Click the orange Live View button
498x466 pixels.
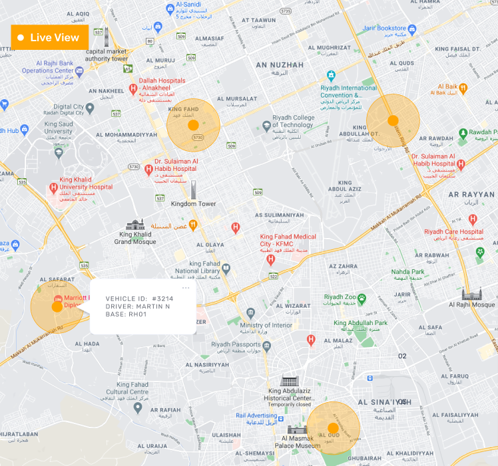tap(49, 37)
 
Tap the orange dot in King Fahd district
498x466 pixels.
tap(193, 124)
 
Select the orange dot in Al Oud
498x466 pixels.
tap(333, 427)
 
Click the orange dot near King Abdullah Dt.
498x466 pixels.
tap(393, 120)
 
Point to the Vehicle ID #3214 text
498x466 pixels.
tap(139, 298)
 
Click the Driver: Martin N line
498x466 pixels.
tap(138, 306)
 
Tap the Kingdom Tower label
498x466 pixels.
tap(193, 204)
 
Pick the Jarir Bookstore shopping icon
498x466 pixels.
tap(412, 29)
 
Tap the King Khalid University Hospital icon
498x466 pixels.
tap(54, 188)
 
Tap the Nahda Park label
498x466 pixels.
tap(407, 272)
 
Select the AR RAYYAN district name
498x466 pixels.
tap(471, 194)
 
